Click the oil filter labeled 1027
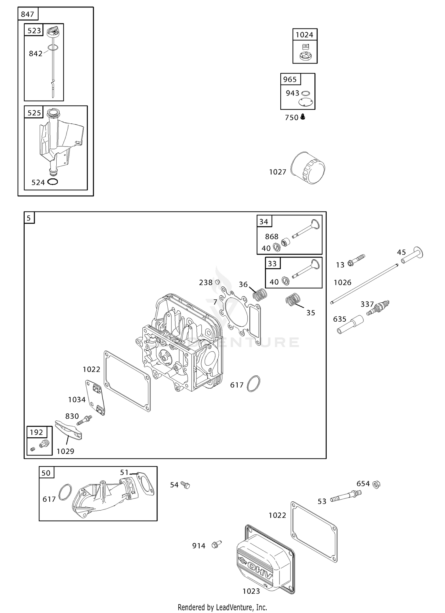pos(308,168)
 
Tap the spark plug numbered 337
pos(378,308)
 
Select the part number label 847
pos(28,14)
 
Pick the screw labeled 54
pos(185,485)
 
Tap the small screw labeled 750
pos(303,117)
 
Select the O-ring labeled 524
pos(53,182)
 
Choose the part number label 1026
pos(342,282)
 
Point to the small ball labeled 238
pos(217,282)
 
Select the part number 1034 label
pos(77,400)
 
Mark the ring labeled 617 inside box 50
pos(65,493)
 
